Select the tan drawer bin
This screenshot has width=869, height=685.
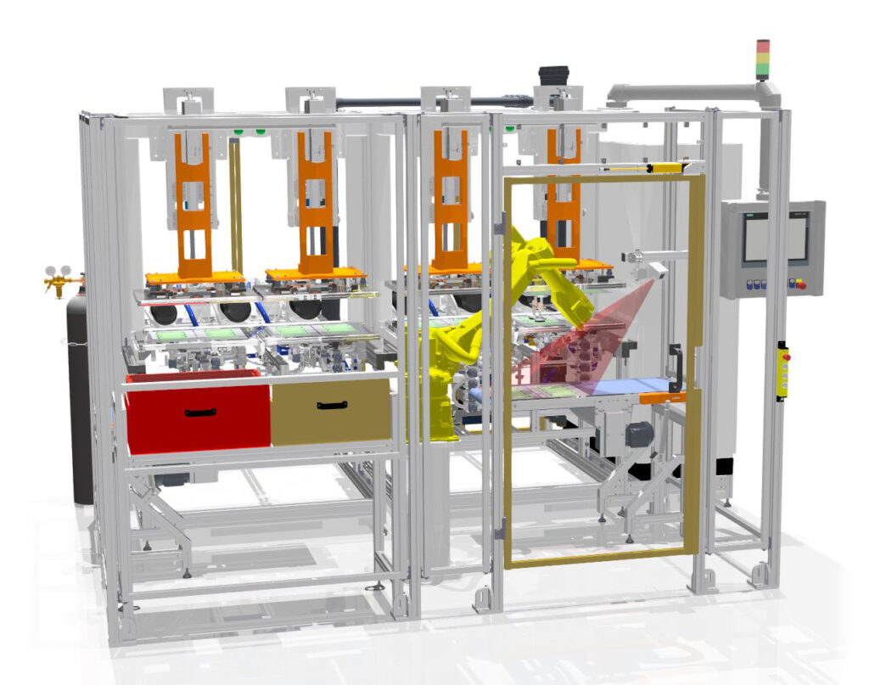(x=331, y=411)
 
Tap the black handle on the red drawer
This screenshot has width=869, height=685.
(x=200, y=413)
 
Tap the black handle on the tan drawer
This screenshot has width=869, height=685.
(x=332, y=406)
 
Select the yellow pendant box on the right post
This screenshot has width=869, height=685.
(x=782, y=371)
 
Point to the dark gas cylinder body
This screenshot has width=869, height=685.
(x=80, y=399)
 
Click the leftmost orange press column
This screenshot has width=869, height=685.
(x=193, y=207)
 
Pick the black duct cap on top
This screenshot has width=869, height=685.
(x=553, y=75)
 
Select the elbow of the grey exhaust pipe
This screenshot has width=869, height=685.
(x=769, y=92)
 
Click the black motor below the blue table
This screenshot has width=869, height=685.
(x=639, y=435)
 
